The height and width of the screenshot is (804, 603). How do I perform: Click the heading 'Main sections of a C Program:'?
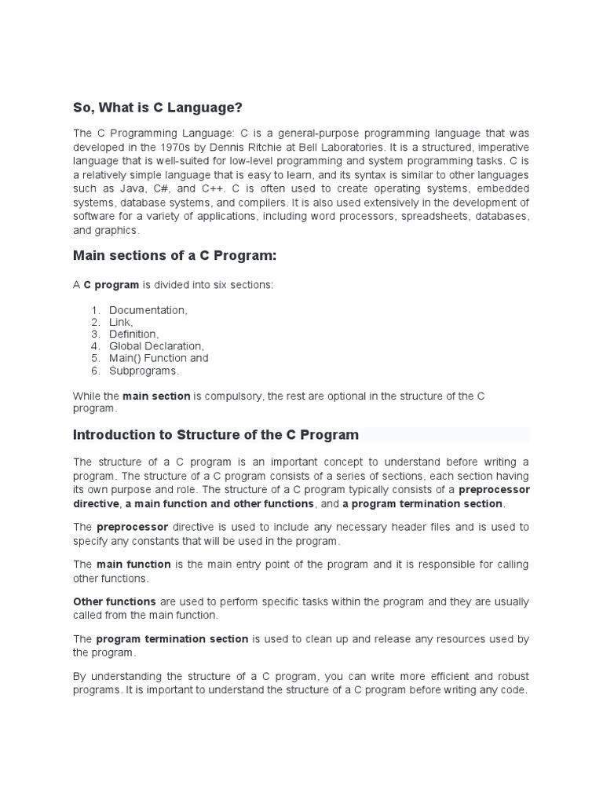[175, 256]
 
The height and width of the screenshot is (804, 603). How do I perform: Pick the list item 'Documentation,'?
[148, 310]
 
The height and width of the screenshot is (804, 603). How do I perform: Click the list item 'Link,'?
[121, 323]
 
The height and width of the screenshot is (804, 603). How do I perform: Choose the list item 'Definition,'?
[134, 334]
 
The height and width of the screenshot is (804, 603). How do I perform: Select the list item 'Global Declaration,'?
[156, 346]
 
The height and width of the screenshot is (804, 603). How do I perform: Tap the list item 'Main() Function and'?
[159, 358]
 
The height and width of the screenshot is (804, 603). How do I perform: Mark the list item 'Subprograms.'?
[144, 371]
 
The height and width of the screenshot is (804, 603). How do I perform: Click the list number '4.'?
[96, 346]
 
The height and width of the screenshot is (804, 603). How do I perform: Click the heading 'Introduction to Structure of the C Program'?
[216, 435]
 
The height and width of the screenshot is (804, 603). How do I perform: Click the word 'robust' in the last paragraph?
[511, 676]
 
